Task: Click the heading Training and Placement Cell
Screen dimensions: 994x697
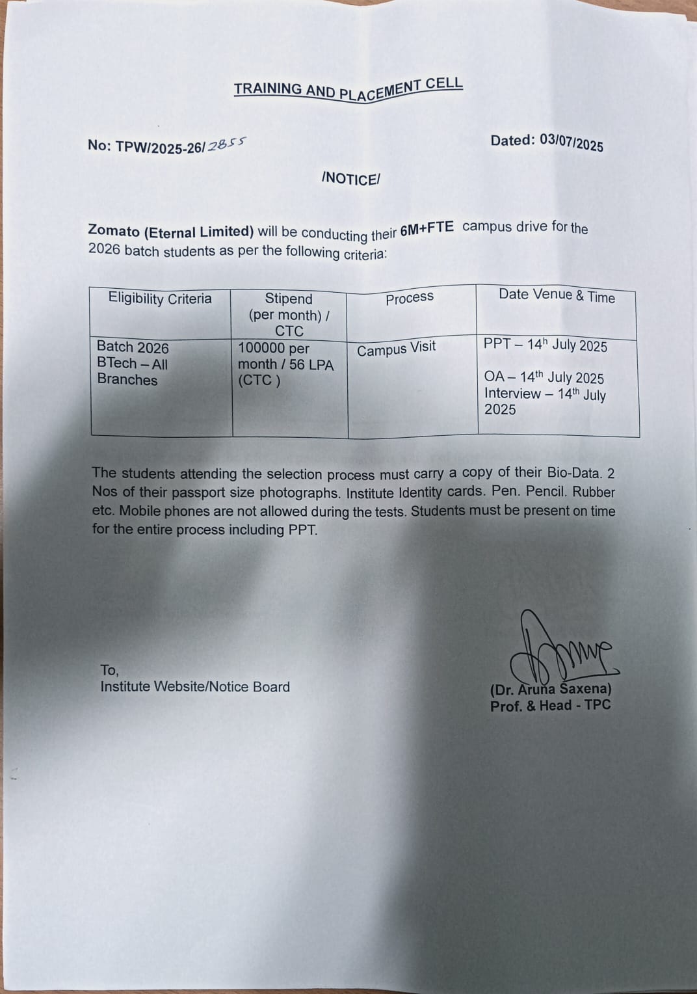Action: [348, 88]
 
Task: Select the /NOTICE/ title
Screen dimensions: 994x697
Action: [350, 179]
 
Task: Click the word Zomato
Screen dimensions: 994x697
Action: [114, 230]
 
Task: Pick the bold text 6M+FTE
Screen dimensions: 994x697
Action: [427, 229]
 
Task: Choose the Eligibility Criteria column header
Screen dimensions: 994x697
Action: [160, 299]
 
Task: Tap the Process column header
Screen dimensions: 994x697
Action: [410, 298]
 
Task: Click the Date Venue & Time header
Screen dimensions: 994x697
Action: [557, 295]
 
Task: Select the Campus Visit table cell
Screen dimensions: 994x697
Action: [396, 349]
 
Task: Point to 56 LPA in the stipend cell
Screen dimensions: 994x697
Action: [311, 365]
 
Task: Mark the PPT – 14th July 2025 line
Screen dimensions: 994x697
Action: [545, 345]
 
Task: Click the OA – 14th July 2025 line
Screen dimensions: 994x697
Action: [544, 377]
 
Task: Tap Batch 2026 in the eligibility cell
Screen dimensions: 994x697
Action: [133, 347]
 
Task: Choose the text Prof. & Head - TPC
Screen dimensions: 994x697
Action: [550, 706]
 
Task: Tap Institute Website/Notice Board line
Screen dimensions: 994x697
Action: [195, 687]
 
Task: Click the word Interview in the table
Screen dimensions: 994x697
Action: [512, 394]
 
